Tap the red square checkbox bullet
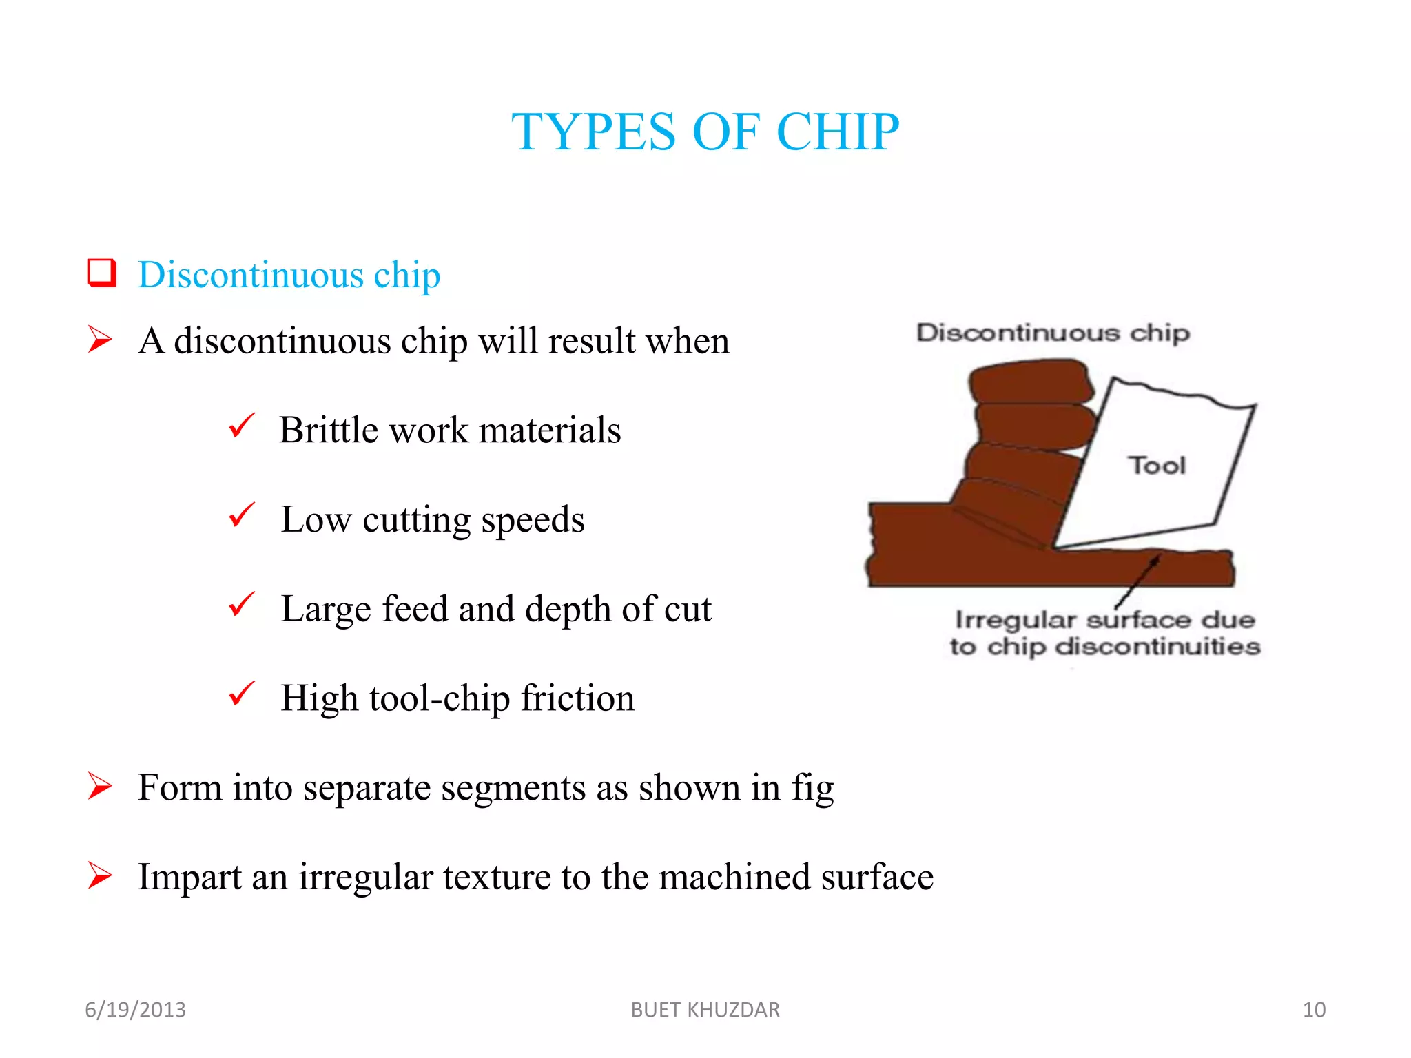[x=102, y=273]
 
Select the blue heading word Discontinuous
[x=250, y=275]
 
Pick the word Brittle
[x=329, y=430]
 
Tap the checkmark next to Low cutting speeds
[x=242, y=515]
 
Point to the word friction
[x=577, y=698]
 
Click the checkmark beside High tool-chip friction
[x=242, y=694]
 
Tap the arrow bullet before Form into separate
[x=100, y=786]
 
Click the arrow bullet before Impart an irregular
[x=100, y=875]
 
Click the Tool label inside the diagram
[x=1157, y=466]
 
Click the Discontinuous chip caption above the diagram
[x=1052, y=333]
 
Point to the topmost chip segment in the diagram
[x=1029, y=382]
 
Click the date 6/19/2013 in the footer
[x=135, y=1010]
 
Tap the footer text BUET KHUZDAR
[x=705, y=1010]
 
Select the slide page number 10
[x=1314, y=1010]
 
